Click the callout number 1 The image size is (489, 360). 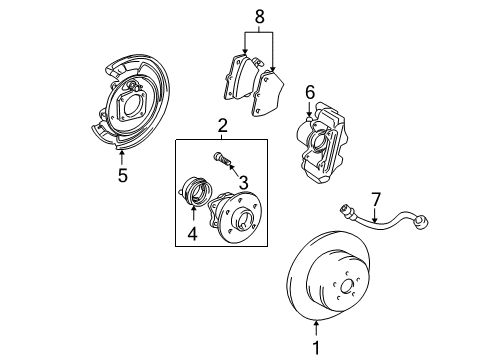point(317,348)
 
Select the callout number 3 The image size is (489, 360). point(243,182)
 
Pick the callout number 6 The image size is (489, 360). point(310,93)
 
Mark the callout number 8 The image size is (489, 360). point(261,16)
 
